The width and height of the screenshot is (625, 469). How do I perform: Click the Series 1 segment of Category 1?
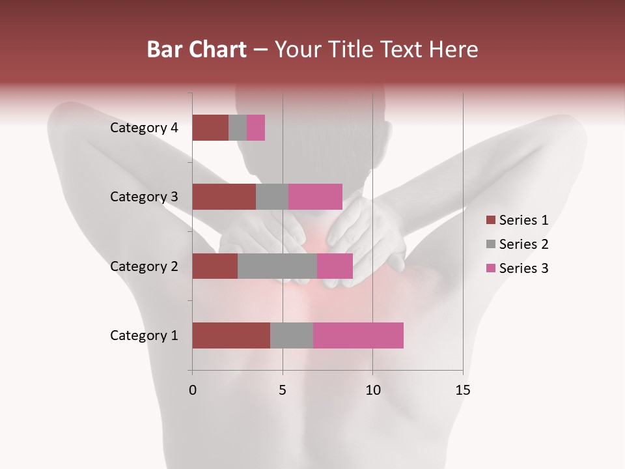(231, 335)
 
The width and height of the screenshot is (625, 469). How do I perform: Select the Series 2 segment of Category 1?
(292, 335)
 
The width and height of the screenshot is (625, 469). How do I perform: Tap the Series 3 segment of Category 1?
(358, 335)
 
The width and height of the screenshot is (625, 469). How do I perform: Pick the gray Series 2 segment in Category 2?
(277, 266)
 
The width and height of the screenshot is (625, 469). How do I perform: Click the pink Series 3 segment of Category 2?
(335, 266)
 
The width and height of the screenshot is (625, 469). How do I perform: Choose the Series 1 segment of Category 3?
(224, 197)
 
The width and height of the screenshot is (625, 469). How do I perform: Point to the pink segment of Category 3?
(315, 197)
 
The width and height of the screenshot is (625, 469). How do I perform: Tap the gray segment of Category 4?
(238, 128)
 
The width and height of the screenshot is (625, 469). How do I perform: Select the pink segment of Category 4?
(256, 128)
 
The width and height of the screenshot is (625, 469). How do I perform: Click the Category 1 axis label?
(144, 335)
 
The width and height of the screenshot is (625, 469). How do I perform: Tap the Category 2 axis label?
(144, 266)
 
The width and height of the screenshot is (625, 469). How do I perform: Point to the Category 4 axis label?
(144, 128)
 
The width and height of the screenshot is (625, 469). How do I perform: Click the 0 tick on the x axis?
(193, 390)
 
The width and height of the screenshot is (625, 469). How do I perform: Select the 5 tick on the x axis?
(283, 390)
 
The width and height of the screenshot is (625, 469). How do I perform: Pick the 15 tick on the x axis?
(462, 390)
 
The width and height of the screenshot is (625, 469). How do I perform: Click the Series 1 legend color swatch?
(491, 220)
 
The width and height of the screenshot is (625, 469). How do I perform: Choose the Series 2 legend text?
(523, 244)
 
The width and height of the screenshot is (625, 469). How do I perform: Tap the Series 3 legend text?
(523, 268)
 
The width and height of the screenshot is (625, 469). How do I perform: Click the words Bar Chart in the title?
(197, 50)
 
